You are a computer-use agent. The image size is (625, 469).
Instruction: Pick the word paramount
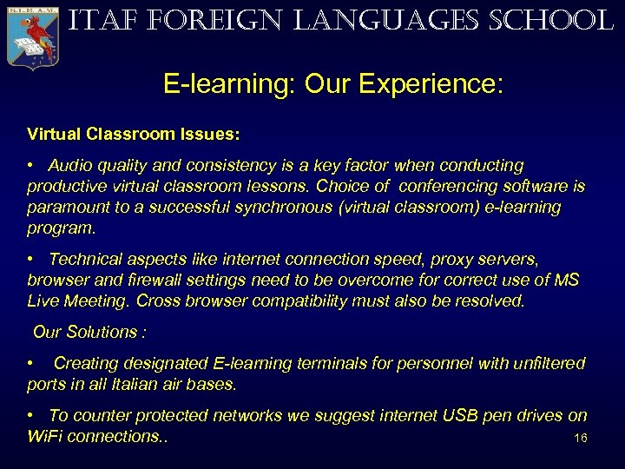click(63, 208)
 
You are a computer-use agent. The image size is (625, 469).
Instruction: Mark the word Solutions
click(105, 332)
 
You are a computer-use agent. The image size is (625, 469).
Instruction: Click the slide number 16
click(581, 438)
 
